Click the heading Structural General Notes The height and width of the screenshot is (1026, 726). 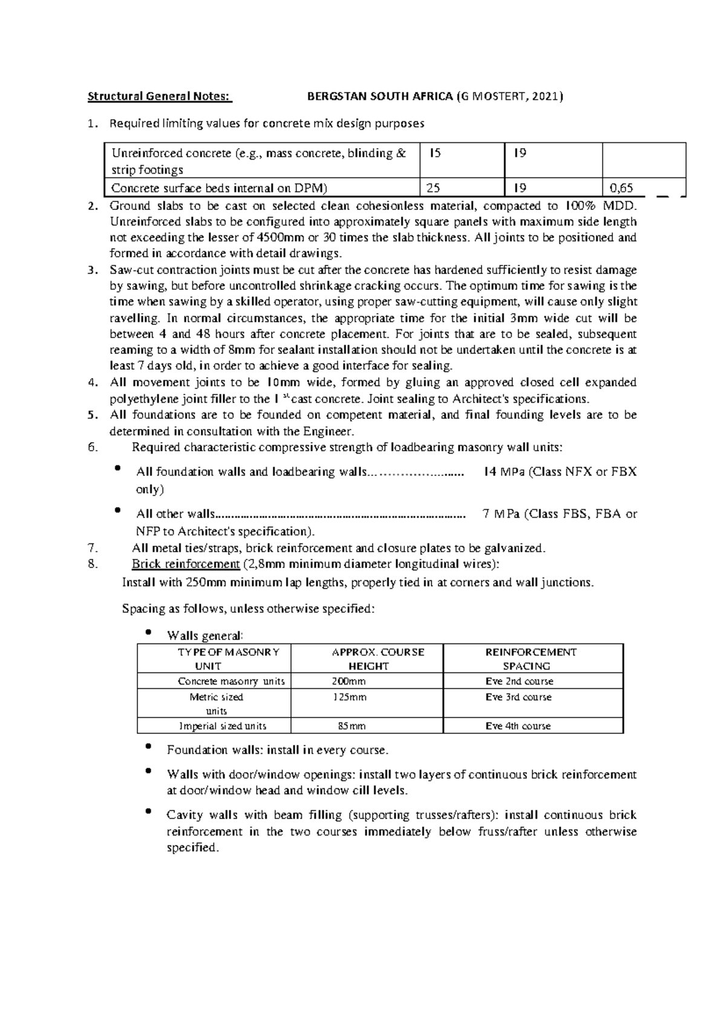click(160, 96)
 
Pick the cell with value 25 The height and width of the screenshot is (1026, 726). click(433, 188)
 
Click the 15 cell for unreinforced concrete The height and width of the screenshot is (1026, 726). click(434, 154)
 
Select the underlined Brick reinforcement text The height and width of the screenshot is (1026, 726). click(186, 564)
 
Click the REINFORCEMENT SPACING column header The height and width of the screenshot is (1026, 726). click(531, 659)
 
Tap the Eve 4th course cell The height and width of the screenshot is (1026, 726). click(518, 726)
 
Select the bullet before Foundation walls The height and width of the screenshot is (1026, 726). click(149, 748)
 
